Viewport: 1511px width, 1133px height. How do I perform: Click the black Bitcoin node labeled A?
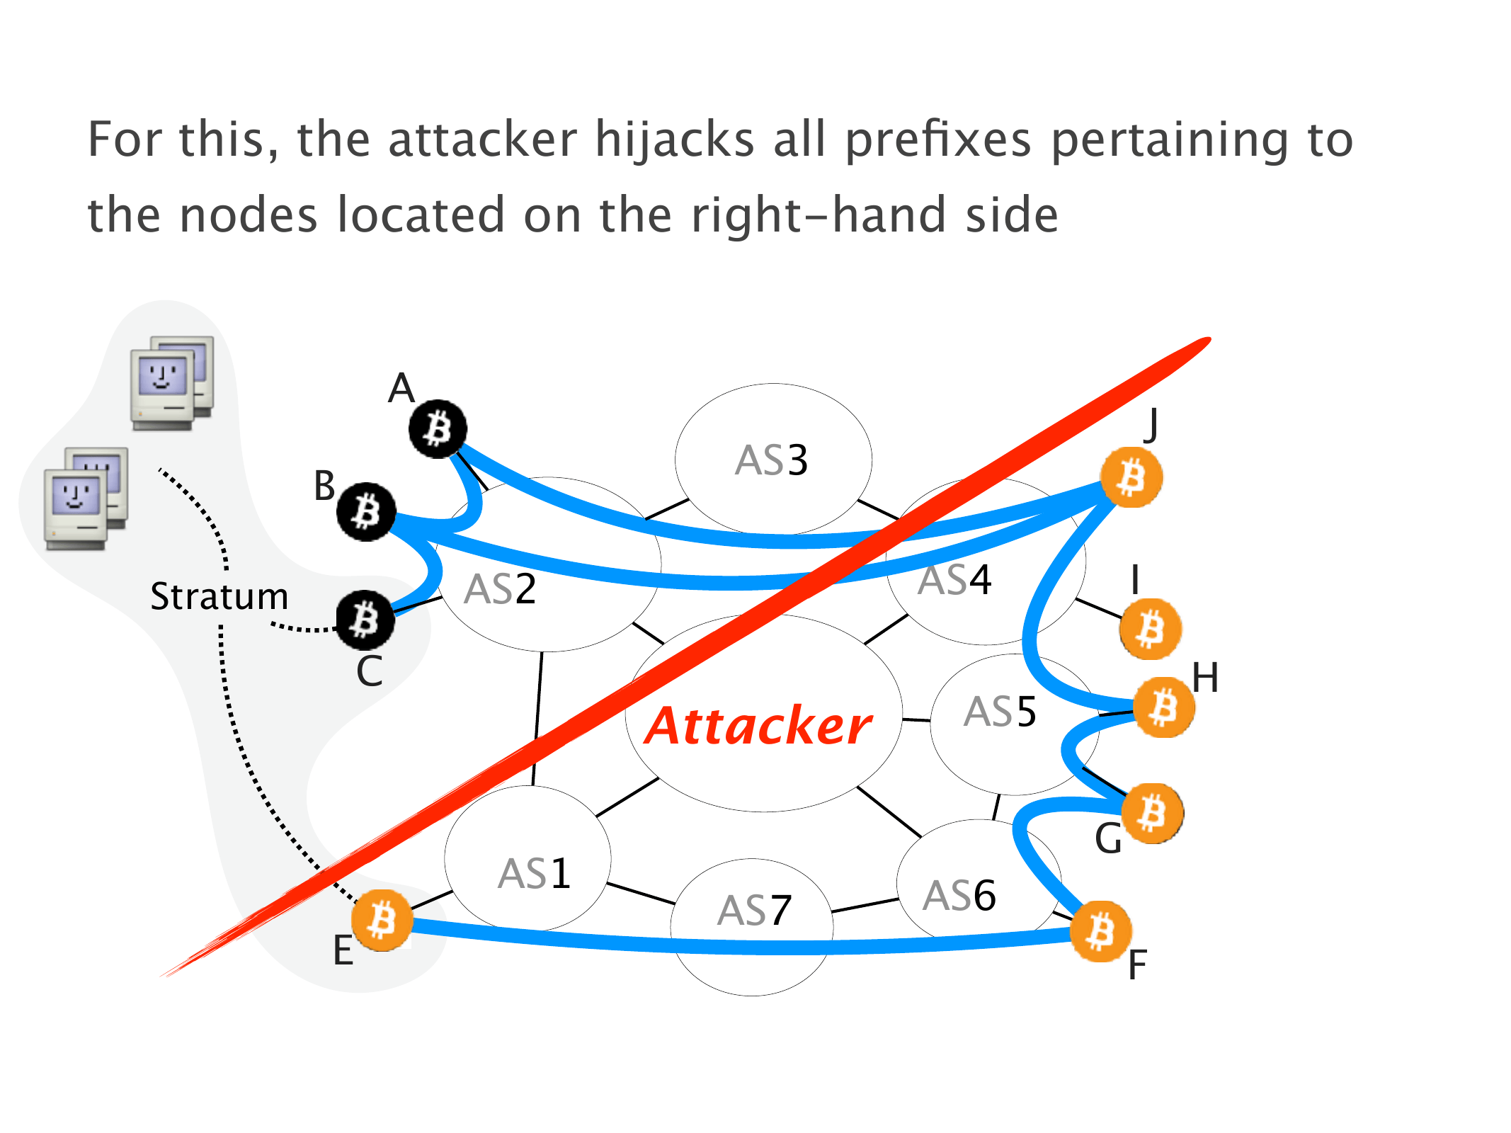pyautogui.click(x=438, y=429)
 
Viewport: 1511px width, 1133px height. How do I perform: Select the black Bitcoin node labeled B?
pyautogui.click(x=366, y=511)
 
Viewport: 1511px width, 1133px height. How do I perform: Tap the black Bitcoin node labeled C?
pyautogui.click(x=365, y=620)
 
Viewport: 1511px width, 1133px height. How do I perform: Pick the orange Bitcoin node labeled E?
pyautogui.click(x=382, y=920)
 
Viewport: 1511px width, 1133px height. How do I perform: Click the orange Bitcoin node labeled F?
pyautogui.click(x=1100, y=931)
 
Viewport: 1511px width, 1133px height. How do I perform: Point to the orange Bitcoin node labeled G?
pyautogui.click(x=1152, y=813)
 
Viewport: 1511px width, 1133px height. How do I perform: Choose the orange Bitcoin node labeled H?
pyautogui.click(x=1163, y=707)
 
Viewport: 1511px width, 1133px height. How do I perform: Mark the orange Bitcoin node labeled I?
pyautogui.click(x=1151, y=629)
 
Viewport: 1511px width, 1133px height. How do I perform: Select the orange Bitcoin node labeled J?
pyautogui.click(x=1131, y=477)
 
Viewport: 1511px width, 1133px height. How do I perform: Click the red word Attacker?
pyautogui.click(x=758, y=727)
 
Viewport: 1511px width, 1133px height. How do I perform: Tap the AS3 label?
pyautogui.click(x=771, y=460)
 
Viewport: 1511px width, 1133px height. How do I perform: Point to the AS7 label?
pyautogui.click(x=754, y=911)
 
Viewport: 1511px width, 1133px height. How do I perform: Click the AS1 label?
pyautogui.click(x=534, y=874)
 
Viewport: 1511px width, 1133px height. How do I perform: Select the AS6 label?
pyautogui.click(x=959, y=896)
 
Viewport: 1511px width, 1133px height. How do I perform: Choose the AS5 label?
pyautogui.click(x=1000, y=712)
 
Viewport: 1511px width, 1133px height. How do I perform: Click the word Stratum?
pyautogui.click(x=219, y=596)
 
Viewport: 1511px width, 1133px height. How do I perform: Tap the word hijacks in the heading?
pyautogui.click(x=674, y=140)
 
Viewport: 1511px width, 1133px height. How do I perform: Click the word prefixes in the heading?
pyautogui.click(x=938, y=140)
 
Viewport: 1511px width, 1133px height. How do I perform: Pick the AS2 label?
pyautogui.click(x=500, y=589)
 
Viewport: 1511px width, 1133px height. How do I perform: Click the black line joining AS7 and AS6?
pyautogui.click(x=865, y=906)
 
